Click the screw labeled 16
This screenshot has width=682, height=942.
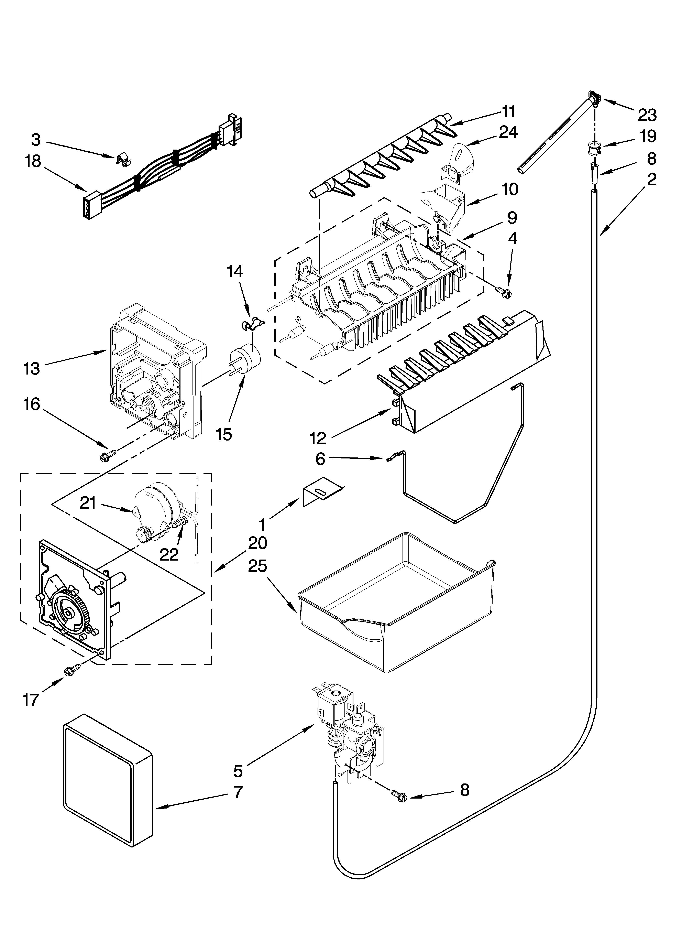pyautogui.click(x=106, y=457)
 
